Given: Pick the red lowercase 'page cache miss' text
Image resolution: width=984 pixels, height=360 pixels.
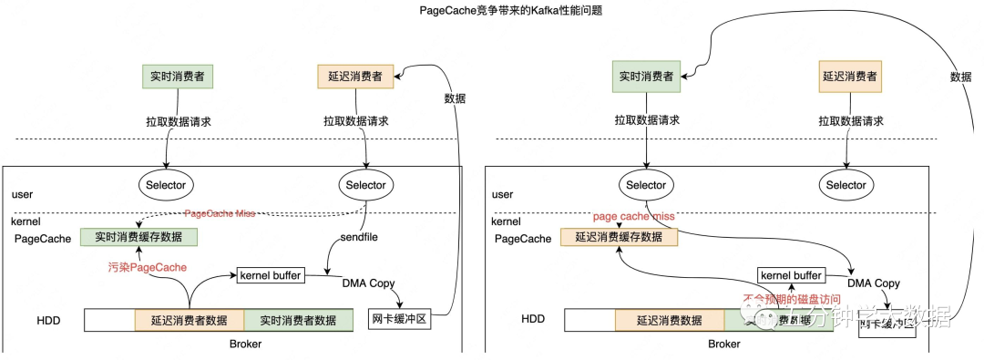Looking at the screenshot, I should (634, 216).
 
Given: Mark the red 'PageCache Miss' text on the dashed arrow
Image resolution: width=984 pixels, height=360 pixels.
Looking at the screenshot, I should (220, 213).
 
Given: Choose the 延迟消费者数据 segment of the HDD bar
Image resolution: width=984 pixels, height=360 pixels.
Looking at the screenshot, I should (189, 320).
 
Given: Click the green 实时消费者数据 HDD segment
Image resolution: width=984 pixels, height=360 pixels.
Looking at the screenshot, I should (298, 320).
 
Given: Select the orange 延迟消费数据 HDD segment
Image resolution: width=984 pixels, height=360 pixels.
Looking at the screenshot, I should (670, 320).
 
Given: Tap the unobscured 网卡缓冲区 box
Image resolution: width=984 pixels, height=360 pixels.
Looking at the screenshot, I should (399, 320).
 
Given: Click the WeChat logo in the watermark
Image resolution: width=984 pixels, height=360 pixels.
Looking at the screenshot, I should (759, 315).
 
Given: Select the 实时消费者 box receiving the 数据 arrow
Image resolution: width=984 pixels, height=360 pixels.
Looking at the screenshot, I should (646, 77).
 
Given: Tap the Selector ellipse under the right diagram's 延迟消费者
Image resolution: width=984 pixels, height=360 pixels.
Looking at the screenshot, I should (846, 185).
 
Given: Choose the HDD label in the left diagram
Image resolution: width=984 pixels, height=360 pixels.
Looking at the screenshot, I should (48, 320).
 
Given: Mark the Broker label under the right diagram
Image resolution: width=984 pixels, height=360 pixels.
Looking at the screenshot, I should (724, 345).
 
